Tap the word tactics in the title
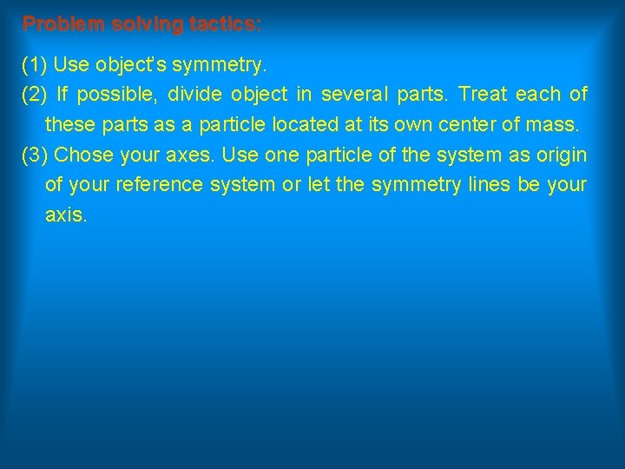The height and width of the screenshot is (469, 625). pos(223,24)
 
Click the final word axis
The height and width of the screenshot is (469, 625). pos(65,215)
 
